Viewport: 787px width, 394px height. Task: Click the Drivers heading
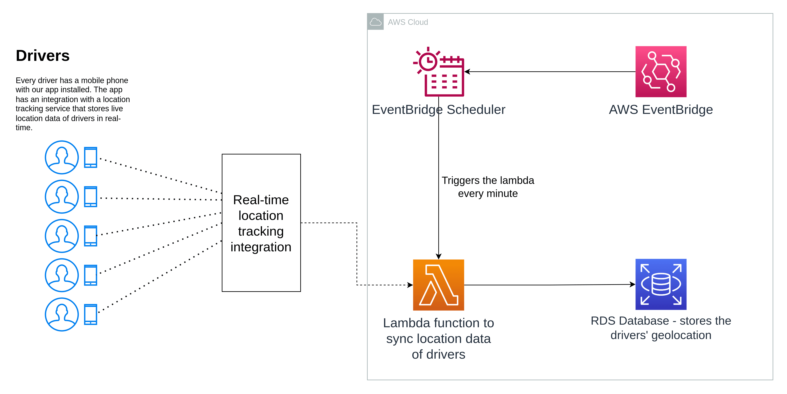pos(43,56)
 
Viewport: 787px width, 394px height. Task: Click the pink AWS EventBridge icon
pos(661,72)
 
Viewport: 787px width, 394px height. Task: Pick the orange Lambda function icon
pos(438,285)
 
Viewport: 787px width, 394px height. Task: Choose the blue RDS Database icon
pos(661,284)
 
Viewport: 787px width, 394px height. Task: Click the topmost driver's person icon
pos(62,158)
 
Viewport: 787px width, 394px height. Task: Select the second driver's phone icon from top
pos(91,197)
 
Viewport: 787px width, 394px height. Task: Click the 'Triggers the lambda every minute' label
pos(488,187)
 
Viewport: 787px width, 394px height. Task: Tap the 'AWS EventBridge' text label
pos(661,110)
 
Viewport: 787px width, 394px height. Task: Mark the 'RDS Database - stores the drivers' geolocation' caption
pos(661,328)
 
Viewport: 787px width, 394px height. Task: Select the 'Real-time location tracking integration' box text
pos(261,223)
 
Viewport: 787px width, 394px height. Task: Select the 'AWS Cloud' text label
pos(408,22)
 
